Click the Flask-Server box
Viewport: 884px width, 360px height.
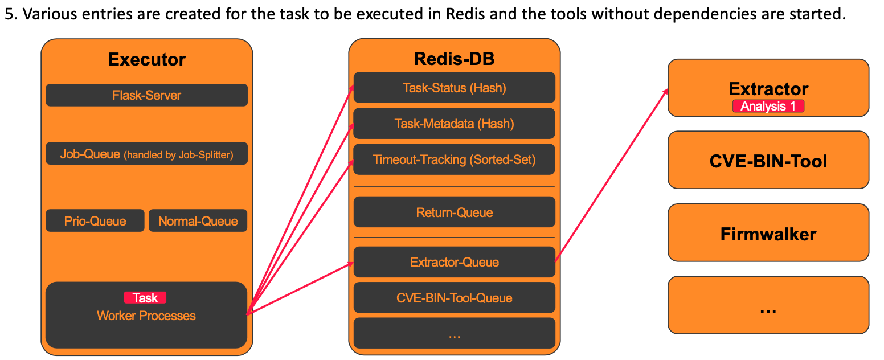pyautogui.click(x=146, y=95)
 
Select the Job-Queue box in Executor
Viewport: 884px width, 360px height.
pyautogui.click(x=146, y=154)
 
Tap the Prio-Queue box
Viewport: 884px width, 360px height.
pyautogui.click(x=95, y=221)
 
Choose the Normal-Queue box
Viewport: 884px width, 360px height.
pyautogui.click(x=198, y=221)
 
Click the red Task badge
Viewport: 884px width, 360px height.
pyautogui.click(x=145, y=297)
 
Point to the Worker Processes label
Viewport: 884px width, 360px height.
pyautogui.click(x=146, y=316)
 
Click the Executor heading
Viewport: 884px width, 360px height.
pyautogui.click(x=146, y=59)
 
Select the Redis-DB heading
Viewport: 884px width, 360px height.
pyautogui.click(x=454, y=58)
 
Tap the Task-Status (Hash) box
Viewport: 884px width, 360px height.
pyautogui.click(x=454, y=88)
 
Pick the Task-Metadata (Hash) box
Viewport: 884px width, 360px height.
pyautogui.click(x=454, y=124)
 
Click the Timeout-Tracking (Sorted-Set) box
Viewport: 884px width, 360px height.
pyautogui.click(x=454, y=159)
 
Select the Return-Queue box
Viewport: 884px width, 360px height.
pyautogui.click(x=454, y=212)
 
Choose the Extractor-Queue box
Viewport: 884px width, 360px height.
pyautogui.click(x=454, y=262)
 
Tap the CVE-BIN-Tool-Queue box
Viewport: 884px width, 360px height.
pyautogui.click(x=454, y=298)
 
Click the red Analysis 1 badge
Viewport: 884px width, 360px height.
pyautogui.click(x=768, y=106)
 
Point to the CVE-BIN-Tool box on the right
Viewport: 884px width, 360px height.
pyautogui.click(x=768, y=161)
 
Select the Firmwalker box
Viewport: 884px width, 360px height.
pyautogui.click(x=768, y=234)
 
